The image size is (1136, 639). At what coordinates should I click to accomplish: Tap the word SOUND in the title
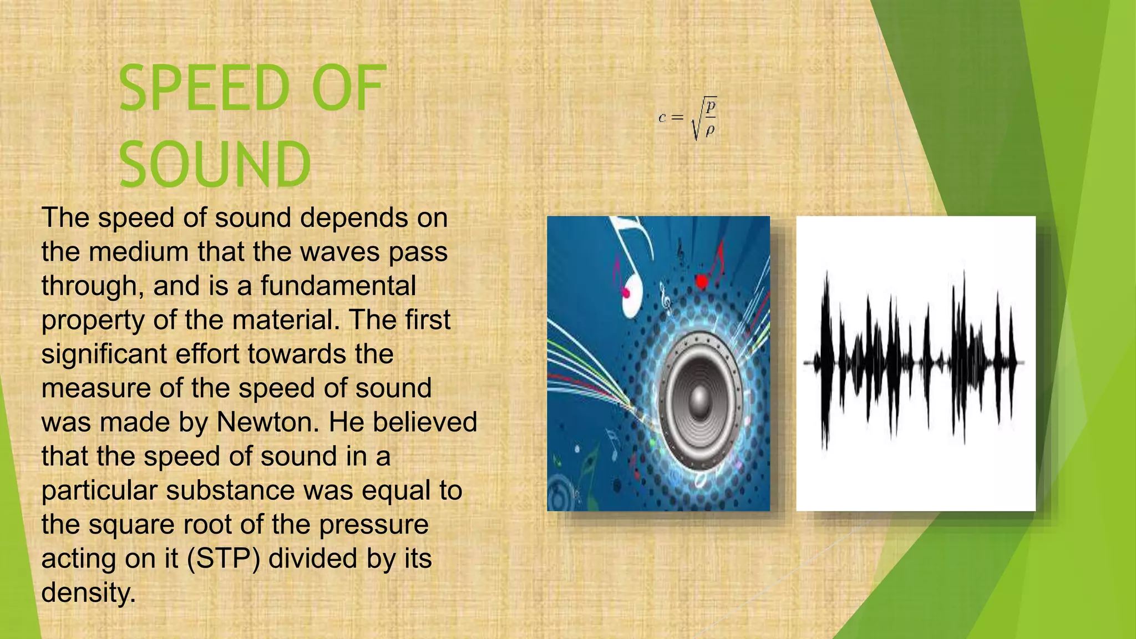[215, 165]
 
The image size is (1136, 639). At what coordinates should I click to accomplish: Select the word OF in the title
[348, 89]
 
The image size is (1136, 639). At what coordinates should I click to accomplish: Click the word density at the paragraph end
[88, 593]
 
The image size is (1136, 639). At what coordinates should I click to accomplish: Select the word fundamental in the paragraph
[338, 286]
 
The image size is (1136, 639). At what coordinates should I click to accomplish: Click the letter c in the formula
[662, 118]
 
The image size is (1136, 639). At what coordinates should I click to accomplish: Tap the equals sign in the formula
[677, 118]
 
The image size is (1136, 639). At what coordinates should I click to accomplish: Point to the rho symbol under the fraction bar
[710, 130]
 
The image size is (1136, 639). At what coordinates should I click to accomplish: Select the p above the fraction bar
[711, 105]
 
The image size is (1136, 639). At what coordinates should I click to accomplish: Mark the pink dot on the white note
[626, 292]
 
